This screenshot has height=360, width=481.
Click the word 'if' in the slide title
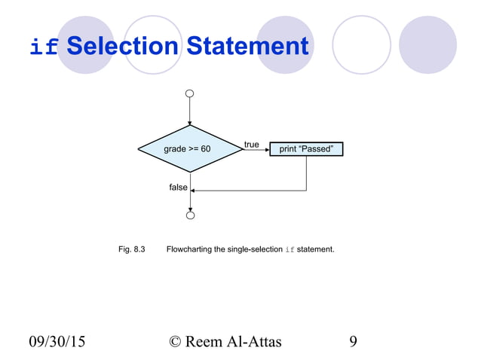(x=43, y=47)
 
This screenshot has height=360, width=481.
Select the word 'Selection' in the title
(x=121, y=47)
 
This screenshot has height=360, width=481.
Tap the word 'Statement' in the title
(x=247, y=47)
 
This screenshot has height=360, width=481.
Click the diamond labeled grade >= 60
(x=189, y=149)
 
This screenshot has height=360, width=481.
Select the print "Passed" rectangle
(x=306, y=149)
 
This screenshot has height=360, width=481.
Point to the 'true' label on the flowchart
(x=252, y=144)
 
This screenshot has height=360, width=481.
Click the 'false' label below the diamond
(x=178, y=187)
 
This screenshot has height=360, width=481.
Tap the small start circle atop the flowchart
(x=190, y=94)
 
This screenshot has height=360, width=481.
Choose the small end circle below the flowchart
(x=190, y=216)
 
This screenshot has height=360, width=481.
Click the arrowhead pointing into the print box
(x=266, y=149)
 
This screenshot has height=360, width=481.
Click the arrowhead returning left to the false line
(x=195, y=191)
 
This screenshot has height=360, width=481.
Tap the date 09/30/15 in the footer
(x=57, y=342)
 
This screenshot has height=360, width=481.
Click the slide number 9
(x=354, y=342)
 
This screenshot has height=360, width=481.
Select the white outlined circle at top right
(x=361, y=45)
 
